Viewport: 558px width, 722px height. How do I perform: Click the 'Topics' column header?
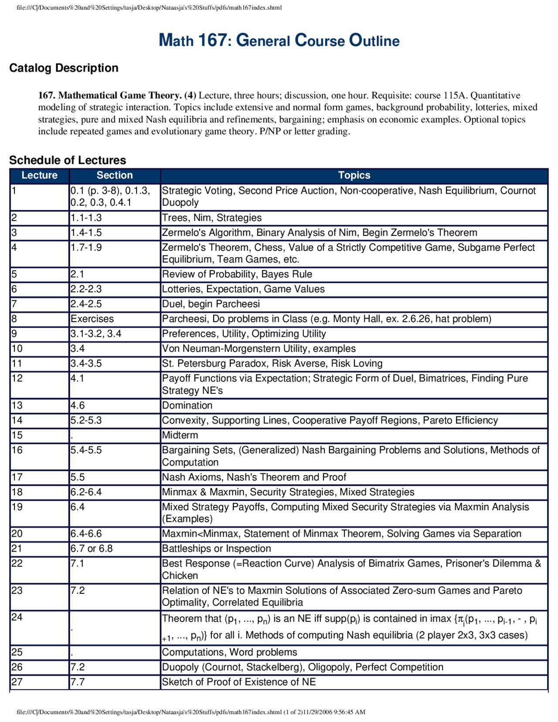[354, 175]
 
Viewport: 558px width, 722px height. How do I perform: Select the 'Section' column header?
[114, 175]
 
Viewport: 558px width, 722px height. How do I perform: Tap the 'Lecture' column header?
[40, 175]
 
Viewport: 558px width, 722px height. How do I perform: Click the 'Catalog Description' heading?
[64, 68]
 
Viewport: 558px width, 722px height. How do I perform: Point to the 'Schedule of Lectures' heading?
[68, 160]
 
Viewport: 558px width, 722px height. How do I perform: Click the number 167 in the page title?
[212, 41]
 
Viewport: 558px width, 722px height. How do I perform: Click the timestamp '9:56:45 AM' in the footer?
[349, 712]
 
